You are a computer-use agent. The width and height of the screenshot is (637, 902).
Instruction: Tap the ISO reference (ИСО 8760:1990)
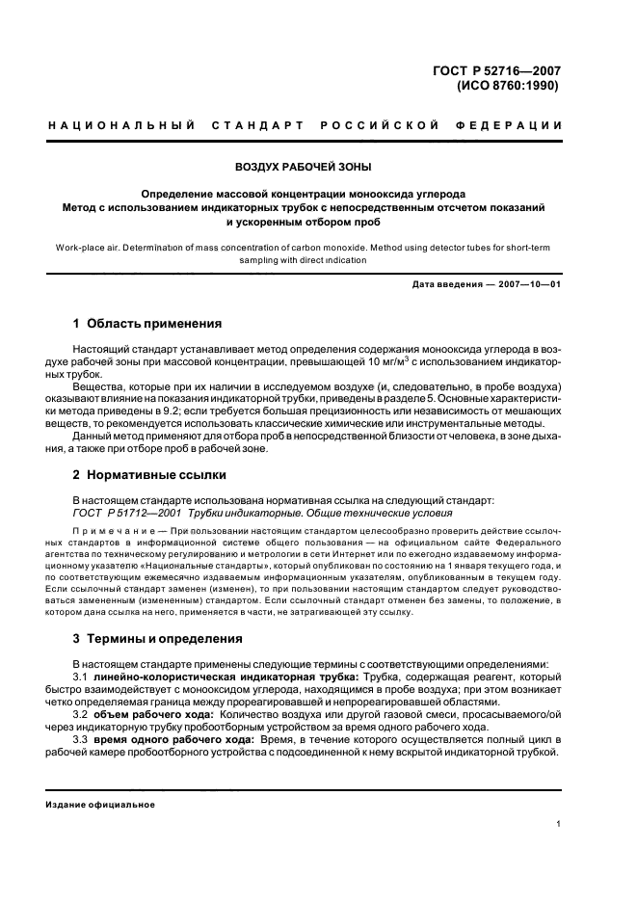tap(509, 85)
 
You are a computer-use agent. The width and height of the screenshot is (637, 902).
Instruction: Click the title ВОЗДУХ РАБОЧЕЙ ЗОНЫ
tap(304, 167)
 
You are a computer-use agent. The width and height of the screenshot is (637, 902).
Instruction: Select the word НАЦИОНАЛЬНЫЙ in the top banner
tap(122, 126)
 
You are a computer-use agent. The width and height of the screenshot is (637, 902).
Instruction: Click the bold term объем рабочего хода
tap(154, 715)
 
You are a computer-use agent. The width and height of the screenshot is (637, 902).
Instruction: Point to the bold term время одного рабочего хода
tap(173, 739)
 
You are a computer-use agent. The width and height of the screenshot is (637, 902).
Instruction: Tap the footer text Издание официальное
tap(101, 805)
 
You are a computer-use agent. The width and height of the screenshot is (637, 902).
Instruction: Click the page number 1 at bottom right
tap(559, 824)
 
